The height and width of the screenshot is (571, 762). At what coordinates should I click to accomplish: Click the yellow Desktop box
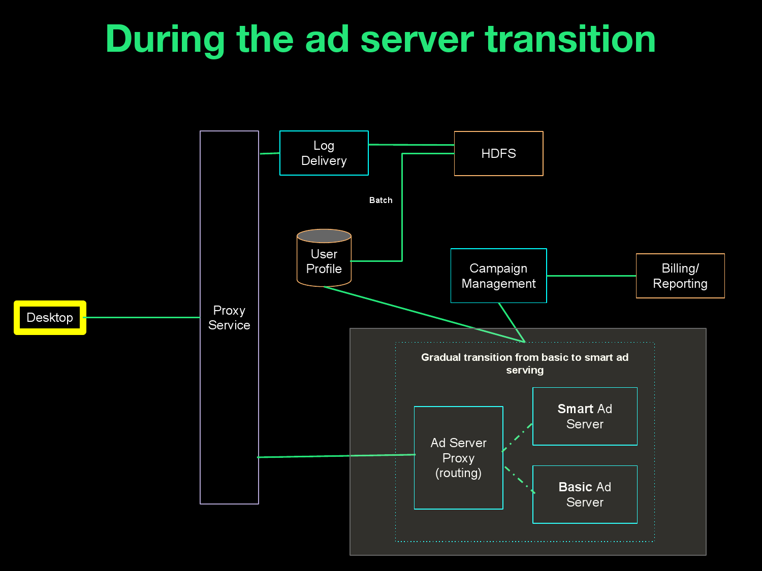click(x=50, y=318)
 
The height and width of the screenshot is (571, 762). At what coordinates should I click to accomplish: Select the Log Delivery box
click(x=324, y=153)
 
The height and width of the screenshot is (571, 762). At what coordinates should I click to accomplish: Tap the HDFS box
click(x=498, y=154)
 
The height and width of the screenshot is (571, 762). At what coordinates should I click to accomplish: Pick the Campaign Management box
click(x=498, y=276)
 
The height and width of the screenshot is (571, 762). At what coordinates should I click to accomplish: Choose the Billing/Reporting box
click(x=680, y=276)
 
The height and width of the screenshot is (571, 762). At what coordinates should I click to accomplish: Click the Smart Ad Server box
click(x=585, y=416)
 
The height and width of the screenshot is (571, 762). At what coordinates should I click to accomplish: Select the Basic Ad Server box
click(x=585, y=494)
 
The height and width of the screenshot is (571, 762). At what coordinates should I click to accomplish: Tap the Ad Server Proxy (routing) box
click(x=458, y=458)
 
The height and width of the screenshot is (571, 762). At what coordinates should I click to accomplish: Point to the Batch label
click(x=380, y=200)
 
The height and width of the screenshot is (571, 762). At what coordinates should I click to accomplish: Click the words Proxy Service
click(x=229, y=318)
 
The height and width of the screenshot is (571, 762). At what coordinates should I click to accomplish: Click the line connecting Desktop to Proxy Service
click(x=142, y=318)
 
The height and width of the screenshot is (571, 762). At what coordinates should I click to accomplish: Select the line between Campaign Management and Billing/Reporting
click(x=591, y=276)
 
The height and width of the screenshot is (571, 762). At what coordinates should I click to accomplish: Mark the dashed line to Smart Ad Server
click(x=518, y=437)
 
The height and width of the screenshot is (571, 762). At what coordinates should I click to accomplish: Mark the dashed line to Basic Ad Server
click(x=519, y=480)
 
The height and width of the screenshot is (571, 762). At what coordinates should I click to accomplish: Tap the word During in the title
click(x=165, y=39)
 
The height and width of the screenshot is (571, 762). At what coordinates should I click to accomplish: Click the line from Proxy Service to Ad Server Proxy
click(x=335, y=456)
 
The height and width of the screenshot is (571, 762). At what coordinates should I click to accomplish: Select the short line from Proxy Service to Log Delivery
click(x=269, y=153)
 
